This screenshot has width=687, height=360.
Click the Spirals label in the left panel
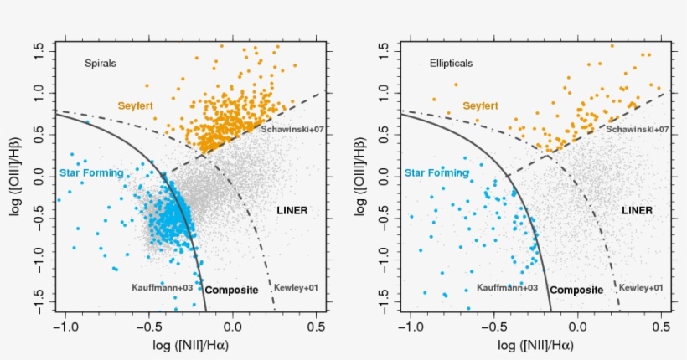101,63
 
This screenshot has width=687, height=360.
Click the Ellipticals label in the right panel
451,63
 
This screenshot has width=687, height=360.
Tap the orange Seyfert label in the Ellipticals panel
480,105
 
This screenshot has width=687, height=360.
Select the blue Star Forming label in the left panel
91,173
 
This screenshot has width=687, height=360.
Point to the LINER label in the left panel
292,210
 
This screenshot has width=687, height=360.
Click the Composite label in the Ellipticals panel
576,290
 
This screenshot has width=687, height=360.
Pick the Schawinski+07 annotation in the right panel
637,130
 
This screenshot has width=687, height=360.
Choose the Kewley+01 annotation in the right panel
642,287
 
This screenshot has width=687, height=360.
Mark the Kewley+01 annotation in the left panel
297,287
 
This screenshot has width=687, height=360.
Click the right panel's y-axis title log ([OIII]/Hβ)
361,176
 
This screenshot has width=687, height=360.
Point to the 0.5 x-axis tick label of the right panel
661,327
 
